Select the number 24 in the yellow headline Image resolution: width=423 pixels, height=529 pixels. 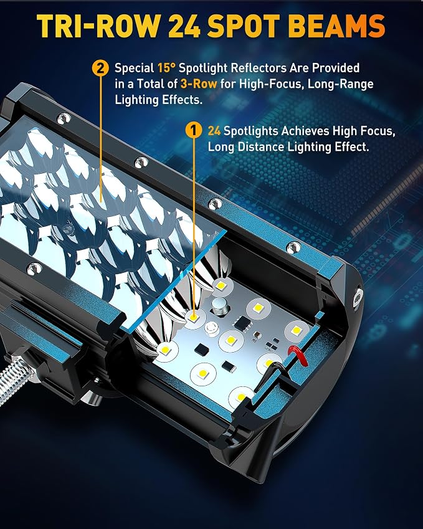[x=184, y=26]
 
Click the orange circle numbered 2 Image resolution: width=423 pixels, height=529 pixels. [x=100, y=69]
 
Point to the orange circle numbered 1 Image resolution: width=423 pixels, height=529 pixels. [x=194, y=131]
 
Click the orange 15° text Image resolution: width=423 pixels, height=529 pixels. [x=166, y=68]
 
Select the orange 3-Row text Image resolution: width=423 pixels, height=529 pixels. [x=199, y=83]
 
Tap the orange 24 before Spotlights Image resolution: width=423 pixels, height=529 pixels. [x=214, y=131]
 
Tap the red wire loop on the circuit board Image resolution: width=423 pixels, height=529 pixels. [x=298, y=355]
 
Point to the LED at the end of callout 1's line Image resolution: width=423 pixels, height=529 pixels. [x=193, y=318]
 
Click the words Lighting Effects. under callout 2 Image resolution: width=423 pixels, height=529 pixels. [x=158, y=100]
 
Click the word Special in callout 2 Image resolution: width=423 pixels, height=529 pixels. [x=134, y=68]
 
